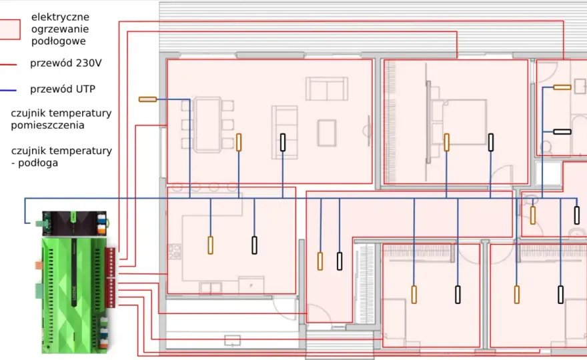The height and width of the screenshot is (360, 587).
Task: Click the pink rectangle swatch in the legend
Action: tap(9, 29)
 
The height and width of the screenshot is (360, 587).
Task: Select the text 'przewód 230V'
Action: tap(66, 63)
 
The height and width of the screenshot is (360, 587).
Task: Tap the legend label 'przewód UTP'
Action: tap(63, 89)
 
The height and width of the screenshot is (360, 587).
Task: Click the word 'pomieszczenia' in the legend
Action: tap(47, 125)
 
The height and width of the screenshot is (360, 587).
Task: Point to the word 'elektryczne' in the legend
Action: tap(60, 17)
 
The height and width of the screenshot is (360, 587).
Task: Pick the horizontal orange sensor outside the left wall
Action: tap(147, 99)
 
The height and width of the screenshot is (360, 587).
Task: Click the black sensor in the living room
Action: tap(283, 143)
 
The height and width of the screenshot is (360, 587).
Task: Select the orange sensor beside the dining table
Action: tap(239, 143)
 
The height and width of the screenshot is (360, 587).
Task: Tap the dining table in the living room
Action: tap(207, 125)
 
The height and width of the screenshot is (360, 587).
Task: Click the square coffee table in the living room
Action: tap(326, 133)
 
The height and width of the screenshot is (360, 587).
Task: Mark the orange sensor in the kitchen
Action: tap(210, 245)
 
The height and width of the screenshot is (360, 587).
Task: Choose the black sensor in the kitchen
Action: tap(255, 245)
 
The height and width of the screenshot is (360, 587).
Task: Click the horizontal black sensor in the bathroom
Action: tap(562, 132)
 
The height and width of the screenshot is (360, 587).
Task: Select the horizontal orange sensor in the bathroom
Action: tap(562, 87)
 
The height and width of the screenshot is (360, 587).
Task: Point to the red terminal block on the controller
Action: tap(111, 277)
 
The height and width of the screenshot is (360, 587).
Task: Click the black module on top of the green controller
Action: tap(74, 223)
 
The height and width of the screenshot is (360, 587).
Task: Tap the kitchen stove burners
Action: tap(175, 251)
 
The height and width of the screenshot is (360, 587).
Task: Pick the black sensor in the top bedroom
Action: tap(491, 143)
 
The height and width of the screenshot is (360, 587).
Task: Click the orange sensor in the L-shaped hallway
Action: tap(320, 261)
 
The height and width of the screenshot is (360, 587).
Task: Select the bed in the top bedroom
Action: tap(460, 121)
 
